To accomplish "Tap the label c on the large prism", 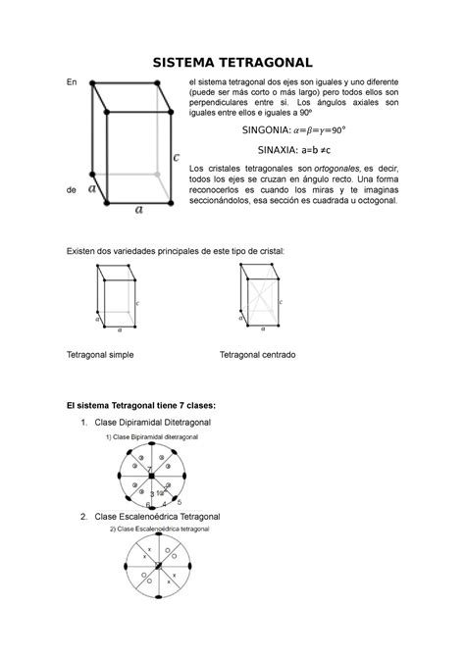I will pyautogui.click(x=175, y=156).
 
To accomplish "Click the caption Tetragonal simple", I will pyautogui.click(x=100, y=354).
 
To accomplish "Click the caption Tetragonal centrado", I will pyautogui.click(x=257, y=354).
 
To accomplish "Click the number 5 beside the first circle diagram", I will pyautogui.click(x=179, y=502).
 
